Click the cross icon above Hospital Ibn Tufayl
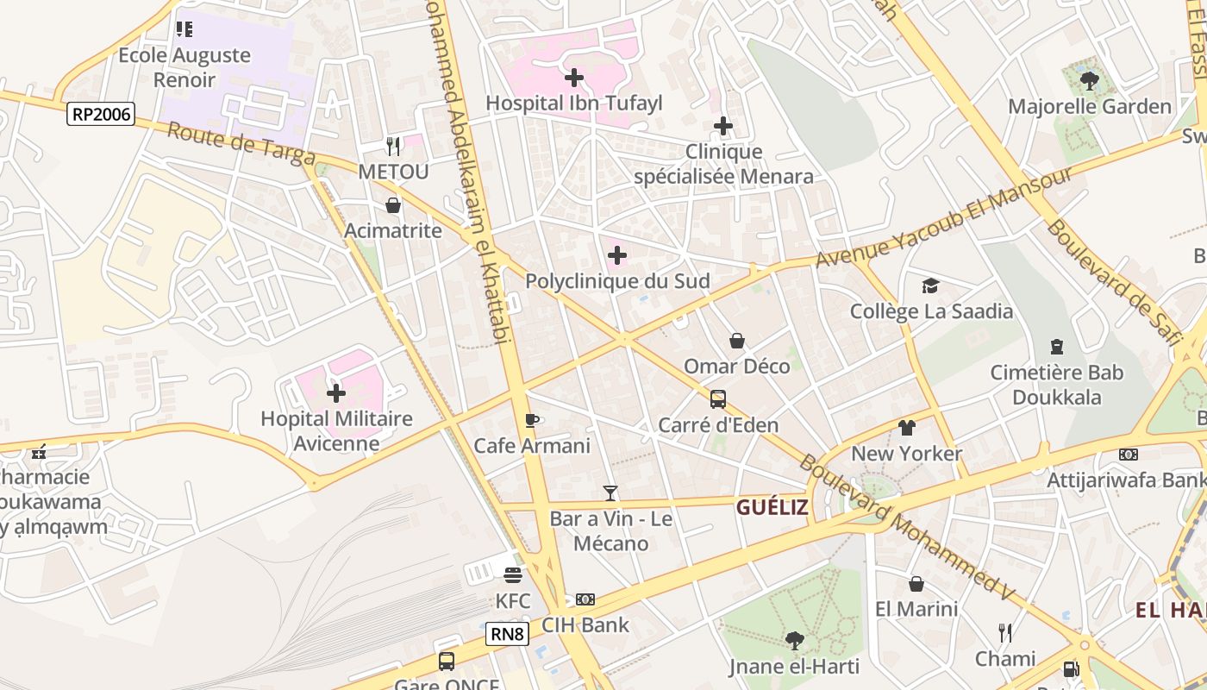click(573, 78)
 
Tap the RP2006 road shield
click(101, 114)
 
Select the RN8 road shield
click(506, 634)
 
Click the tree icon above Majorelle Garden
click(1089, 82)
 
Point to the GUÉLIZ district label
click(772, 507)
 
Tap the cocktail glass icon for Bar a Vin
click(610, 493)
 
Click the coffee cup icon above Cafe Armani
click(532, 420)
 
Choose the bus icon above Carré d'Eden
click(717, 399)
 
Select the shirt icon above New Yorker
click(906, 428)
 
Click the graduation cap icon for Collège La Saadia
click(930, 285)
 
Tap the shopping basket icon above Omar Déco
click(736, 341)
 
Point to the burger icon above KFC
click(513, 575)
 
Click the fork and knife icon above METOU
click(392, 146)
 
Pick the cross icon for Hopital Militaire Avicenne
click(336, 393)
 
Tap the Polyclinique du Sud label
click(617, 281)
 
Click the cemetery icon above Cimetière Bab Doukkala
click(1056, 347)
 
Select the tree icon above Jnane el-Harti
click(794, 641)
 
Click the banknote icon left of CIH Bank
click(585, 599)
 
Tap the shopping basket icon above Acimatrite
click(393, 205)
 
